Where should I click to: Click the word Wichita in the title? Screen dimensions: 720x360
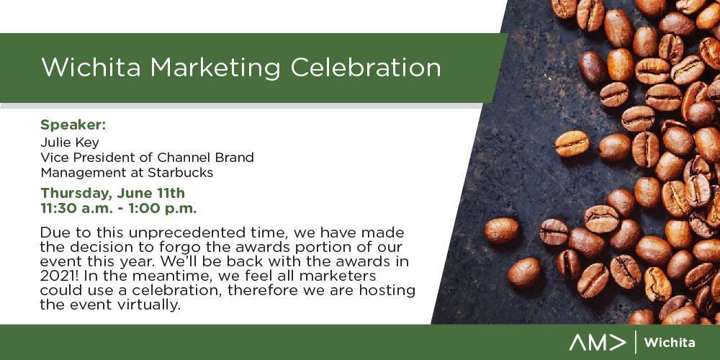[x=92, y=68]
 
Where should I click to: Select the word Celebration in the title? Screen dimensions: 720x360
[x=366, y=68]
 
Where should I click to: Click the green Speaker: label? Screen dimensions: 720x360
[x=73, y=125]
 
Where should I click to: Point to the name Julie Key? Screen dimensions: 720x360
[x=69, y=143]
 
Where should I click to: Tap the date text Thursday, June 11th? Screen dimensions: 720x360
[x=112, y=193]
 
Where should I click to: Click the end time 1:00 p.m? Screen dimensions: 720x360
[x=162, y=209]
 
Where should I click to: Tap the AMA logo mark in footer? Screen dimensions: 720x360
[x=598, y=343]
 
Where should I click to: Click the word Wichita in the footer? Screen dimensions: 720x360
[x=669, y=343]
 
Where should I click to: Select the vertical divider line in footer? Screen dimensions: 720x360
[x=635, y=342]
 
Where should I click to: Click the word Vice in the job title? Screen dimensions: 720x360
[x=51, y=158]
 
